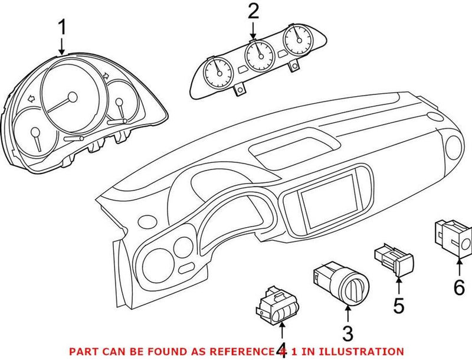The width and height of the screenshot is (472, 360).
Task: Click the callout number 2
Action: pos(253,10)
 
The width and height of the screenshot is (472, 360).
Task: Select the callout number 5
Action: pos(399,306)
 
